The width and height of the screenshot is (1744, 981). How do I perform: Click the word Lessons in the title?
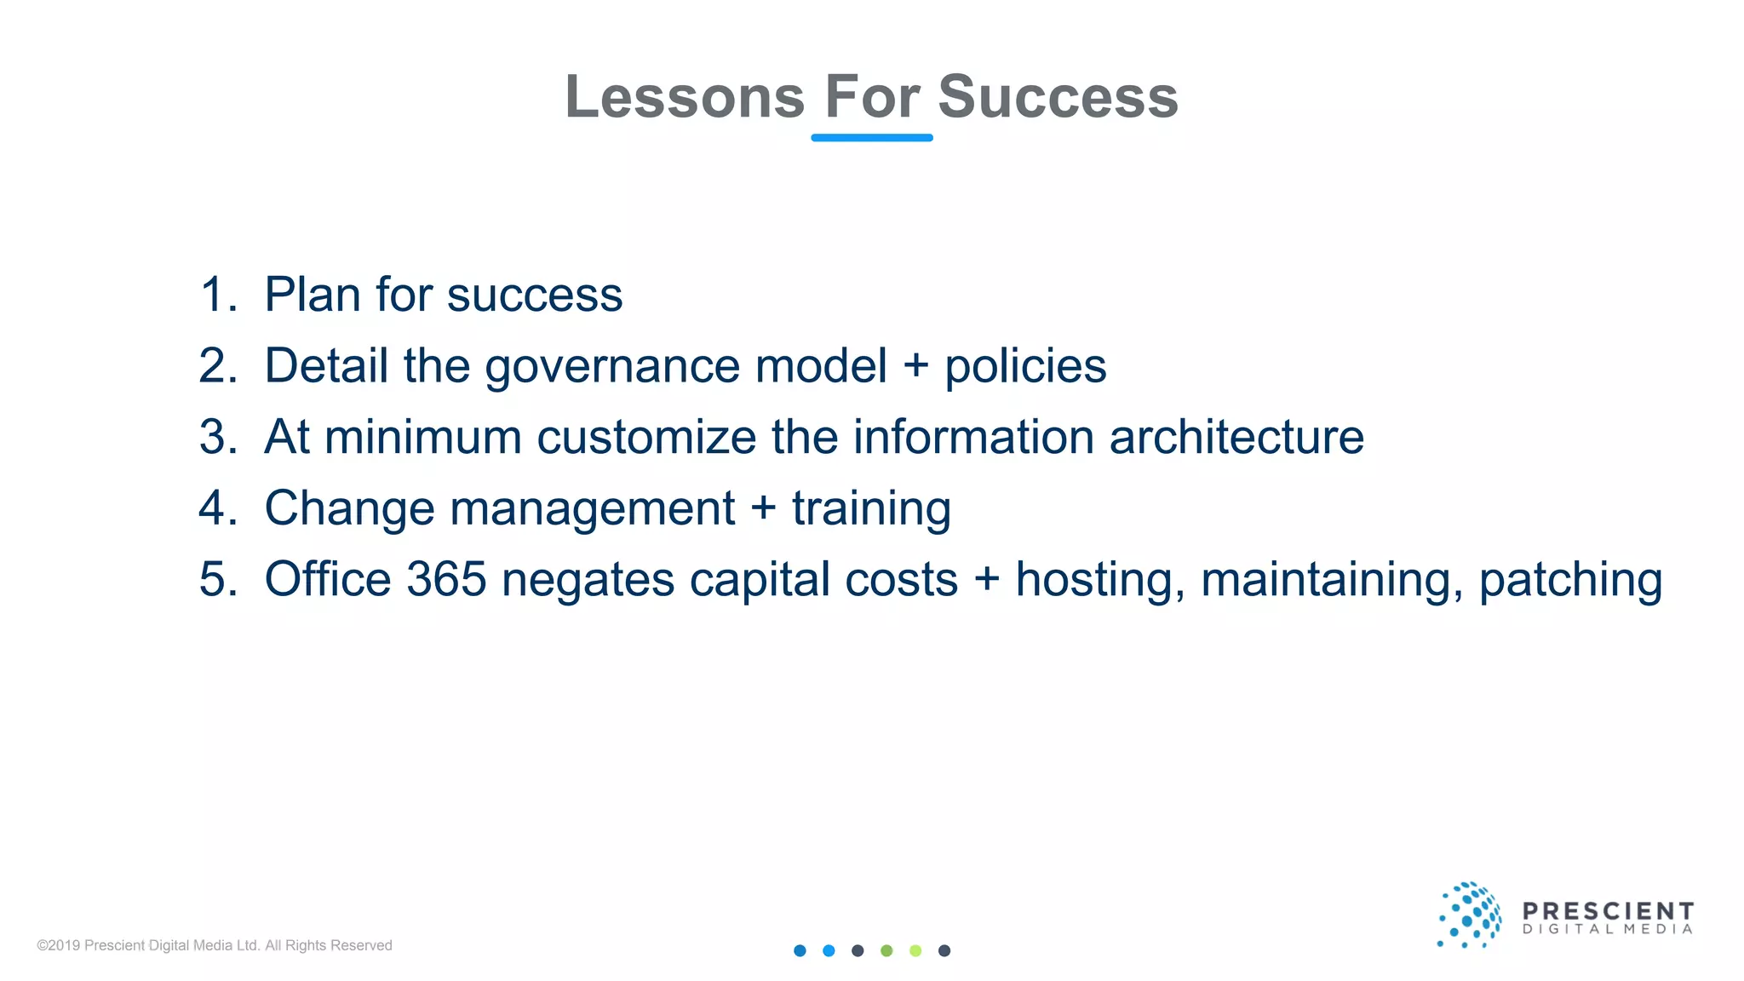pyautogui.click(x=685, y=97)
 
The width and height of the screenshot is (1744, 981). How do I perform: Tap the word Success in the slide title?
pyautogui.click(x=1058, y=97)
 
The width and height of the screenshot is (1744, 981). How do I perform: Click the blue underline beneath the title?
pyautogui.click(x=872, y=137)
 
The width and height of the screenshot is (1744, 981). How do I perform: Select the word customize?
pyautogui.click(x=646, y=437)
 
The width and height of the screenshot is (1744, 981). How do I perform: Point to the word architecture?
pyautogui.click(x=1236, y=437)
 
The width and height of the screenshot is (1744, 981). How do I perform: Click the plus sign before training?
pyautogui.click(x=764, y=508)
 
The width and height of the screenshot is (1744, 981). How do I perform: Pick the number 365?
pyautogui.click(x=446, y=579)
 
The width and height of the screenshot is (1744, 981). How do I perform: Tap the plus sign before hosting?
pyautogui.click(x=987, y=580)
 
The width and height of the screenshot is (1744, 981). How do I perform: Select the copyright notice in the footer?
pyautogui.click(x=215, y=945)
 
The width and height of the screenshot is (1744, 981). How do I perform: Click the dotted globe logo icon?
pyautogui.click(x=1469, y=915)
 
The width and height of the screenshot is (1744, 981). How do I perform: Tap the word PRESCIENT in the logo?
pyautogui.click(x=1608, y=911)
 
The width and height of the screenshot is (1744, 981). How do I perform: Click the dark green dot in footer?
pyautogui.click(x=886, y=950)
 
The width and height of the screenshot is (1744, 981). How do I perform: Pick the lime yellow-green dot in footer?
pyautogui.click(x=915, y=950)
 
